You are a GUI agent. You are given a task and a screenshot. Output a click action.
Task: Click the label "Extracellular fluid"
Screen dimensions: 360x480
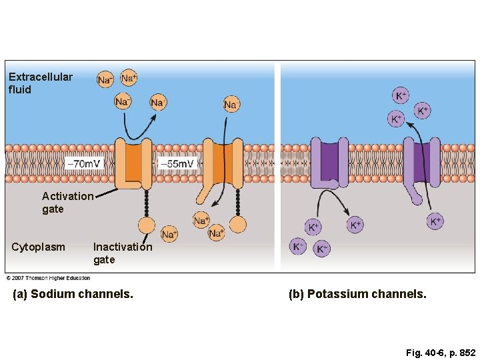point(40,83)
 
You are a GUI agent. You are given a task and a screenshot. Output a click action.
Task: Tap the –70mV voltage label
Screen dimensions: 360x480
point(85,163)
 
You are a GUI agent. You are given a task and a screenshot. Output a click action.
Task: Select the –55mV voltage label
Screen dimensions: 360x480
point(177,163)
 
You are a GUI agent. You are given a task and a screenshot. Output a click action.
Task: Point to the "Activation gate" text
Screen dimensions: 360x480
point(67,202)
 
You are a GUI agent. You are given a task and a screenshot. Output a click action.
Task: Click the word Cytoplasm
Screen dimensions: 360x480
point(39,247)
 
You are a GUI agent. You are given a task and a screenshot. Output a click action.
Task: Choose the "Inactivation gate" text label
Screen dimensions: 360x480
point(122,253)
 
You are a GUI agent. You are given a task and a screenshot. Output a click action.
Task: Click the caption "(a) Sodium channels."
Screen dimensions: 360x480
point(73,293)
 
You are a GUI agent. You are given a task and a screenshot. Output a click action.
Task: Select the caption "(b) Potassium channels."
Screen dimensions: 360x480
point(357,293)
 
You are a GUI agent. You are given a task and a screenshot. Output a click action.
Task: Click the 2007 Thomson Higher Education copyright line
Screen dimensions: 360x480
point(48,277)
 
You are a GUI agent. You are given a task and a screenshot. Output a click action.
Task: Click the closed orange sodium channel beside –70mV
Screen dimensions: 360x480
point(134,163)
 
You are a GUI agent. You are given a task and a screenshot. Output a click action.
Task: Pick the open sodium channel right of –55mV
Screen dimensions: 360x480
point(223,163)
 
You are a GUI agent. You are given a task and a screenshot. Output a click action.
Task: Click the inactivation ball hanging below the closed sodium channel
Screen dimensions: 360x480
point(146,225)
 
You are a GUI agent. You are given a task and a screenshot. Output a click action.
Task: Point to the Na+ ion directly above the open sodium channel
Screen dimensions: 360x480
point(230,105)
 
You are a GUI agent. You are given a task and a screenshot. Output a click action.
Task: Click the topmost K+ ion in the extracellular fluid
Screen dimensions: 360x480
point(400,96)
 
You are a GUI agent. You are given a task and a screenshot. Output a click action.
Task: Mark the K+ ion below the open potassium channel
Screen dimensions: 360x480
point(435,221)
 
